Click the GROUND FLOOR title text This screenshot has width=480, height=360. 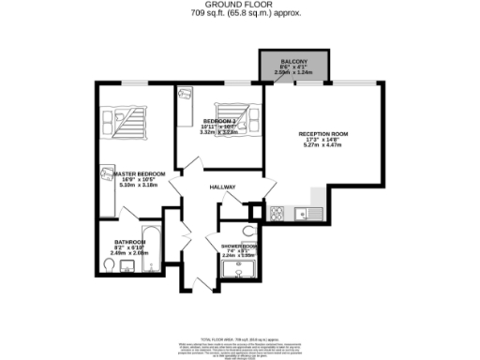tap(239, 5)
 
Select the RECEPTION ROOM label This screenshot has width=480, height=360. tap(323, 135)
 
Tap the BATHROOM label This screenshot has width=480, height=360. tap(129, 242)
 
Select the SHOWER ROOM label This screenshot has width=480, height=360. tap(240, 248)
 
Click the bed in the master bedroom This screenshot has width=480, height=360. tap(129, 120)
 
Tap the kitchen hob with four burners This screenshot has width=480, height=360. tap(277, 213)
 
